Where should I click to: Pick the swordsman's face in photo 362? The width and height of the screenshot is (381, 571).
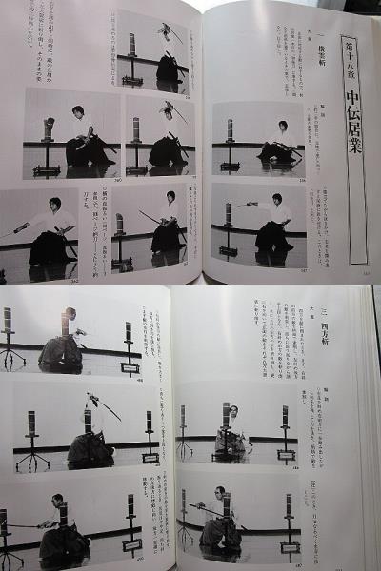pos(55,205)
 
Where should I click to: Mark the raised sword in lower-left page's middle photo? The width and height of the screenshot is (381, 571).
pos(108,407)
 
